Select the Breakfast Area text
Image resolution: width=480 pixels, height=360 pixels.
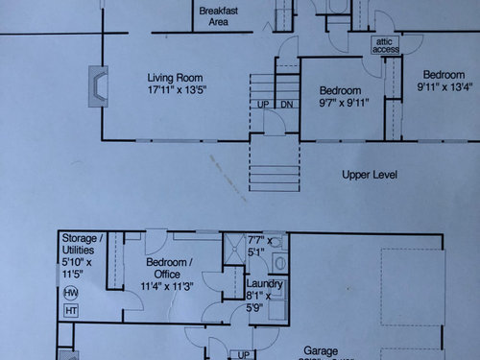coord(218,14)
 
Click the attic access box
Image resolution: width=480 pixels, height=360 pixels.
coord(386,46)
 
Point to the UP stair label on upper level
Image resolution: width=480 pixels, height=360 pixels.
coord(263,104)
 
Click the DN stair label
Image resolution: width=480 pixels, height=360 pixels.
coord(286,104)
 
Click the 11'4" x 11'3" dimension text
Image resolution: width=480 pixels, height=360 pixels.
coord(169,285)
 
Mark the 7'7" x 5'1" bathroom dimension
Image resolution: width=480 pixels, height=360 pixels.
coord(261,247)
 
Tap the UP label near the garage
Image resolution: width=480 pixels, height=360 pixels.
coord(245,354)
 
